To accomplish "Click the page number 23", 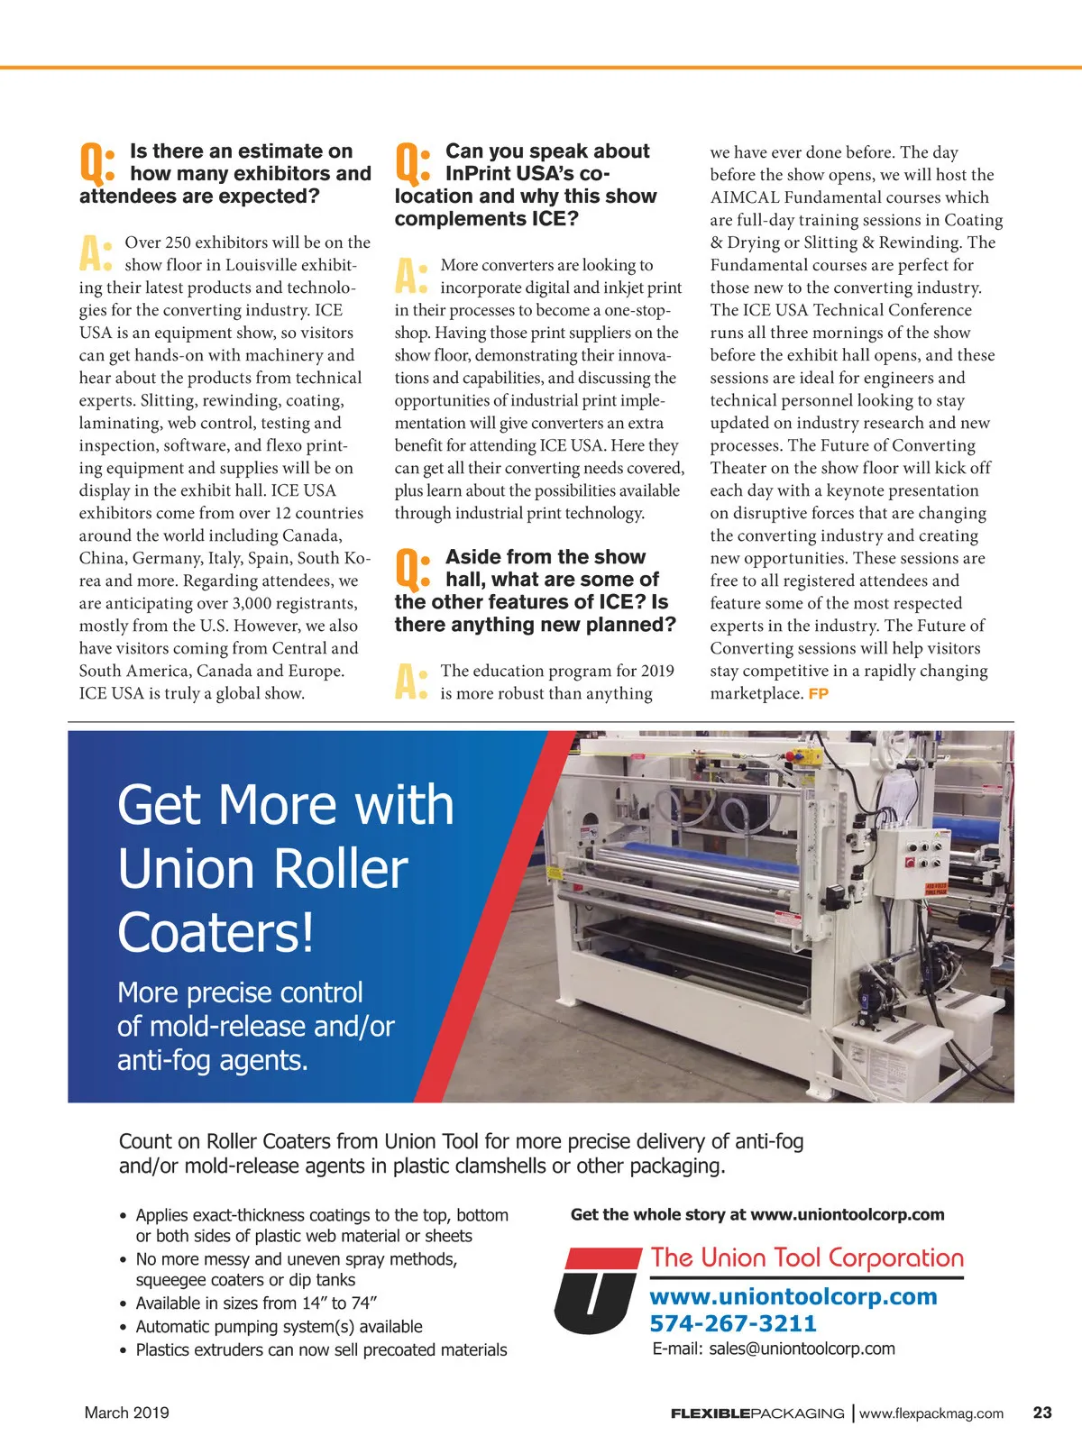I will point(1041,1413).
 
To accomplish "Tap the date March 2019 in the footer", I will point(126,1413).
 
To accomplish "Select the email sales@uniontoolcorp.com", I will point(802,1349).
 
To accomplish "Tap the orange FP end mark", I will point(818,694).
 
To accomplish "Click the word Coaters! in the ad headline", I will point(215,932).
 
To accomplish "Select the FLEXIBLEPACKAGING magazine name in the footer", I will point(757,1413).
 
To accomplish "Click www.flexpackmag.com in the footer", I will point(931,1413).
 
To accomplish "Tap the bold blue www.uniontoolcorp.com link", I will point(793,1296).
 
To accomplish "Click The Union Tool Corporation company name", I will point(807,1257).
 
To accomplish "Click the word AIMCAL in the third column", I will point(744,197).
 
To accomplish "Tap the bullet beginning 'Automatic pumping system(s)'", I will point(279,1327).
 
